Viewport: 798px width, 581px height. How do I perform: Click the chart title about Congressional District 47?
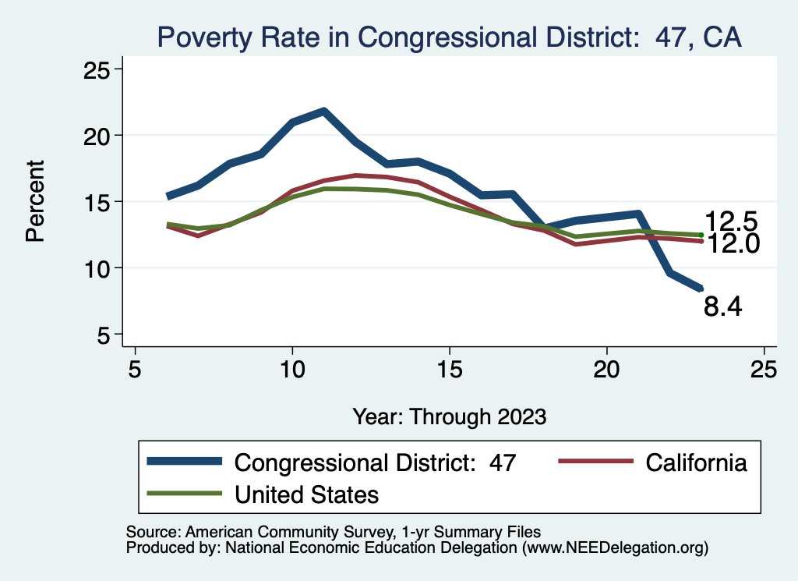tap(449, 36)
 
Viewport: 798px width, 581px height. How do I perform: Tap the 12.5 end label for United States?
tap(731, 221)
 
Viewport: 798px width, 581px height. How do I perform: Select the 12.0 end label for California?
tap(731, 245)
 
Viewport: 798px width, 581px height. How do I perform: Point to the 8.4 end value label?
tap(722, 306)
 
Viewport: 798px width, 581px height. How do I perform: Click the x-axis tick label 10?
tap(292, 369)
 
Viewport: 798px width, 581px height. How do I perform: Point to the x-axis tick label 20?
tap(606, 369)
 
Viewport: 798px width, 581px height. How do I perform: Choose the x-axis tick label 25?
tap(764, 369)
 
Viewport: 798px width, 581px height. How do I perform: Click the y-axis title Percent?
tap(35, 200)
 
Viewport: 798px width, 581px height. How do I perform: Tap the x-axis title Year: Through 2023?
tap(449, 416)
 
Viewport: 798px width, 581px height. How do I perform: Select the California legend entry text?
tap(696, 462)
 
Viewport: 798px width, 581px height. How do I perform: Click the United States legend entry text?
tap(306, 494)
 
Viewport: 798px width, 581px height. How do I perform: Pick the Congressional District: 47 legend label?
tap(375, 462)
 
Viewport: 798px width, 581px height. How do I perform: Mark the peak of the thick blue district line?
tap(323, 111)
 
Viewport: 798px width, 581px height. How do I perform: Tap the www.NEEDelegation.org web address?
tap(615, 547)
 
